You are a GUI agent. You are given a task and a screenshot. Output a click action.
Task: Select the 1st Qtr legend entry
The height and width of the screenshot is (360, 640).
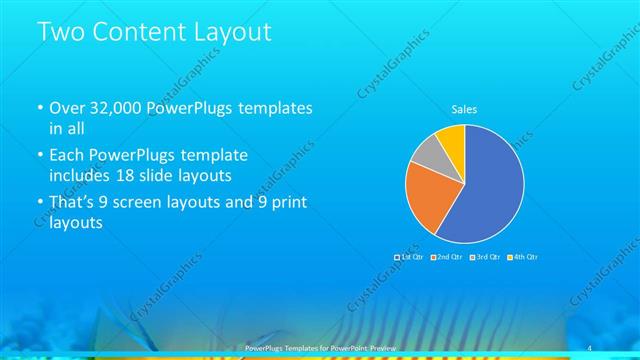click(x=411, y=258)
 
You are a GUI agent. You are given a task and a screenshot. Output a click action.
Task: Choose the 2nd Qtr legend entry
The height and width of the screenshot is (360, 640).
click(x=446, y=258)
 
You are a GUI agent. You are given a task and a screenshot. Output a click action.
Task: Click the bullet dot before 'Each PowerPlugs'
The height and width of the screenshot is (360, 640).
click(x=38, y=157)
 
